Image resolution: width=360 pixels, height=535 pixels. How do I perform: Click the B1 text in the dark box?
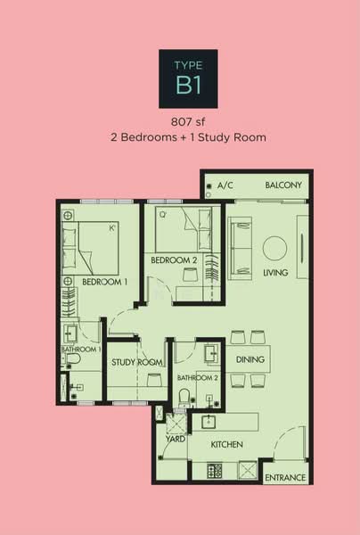pyautogui.click(x=188, y=85)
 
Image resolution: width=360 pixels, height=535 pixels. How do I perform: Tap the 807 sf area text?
pyautogui.click(x=188, y=122)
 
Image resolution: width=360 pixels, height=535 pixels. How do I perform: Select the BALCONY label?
pyautogui.click(x=283, y=185)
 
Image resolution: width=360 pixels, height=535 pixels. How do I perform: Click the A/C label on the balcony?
pyautogui.click(x=225, y=185)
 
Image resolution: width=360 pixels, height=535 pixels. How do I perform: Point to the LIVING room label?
pyautogui.click(x=275, y=273)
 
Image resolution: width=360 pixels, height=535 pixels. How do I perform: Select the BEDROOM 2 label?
pyautogui.click(x=174, y=260)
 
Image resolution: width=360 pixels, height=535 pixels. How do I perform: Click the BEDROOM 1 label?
pyautogui.click(x=104, y=282)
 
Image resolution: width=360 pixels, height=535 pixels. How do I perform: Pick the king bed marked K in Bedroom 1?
pyautogui.click(x=90, y=248)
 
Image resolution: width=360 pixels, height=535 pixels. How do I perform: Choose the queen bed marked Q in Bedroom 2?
pyautogui.click(x=184, y=229)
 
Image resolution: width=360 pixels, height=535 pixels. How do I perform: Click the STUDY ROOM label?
pyautogui.click(x=136, y=362)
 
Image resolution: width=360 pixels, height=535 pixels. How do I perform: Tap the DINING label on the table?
pyautogui.click(x=250, y=359)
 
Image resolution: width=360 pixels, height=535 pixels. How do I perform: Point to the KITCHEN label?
pyautogui.click(x=226, y=445)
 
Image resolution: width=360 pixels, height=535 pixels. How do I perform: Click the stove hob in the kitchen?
pyautogui.click(x=215, y=471)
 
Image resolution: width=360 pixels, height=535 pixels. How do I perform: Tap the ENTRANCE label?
pyautogui.click(x=285, y=478)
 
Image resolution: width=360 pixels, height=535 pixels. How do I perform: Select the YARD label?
pyautogui.click(x=176, y=439)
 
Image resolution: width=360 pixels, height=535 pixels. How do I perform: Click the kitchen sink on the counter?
pyautogui.click(x=208, y=423)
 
